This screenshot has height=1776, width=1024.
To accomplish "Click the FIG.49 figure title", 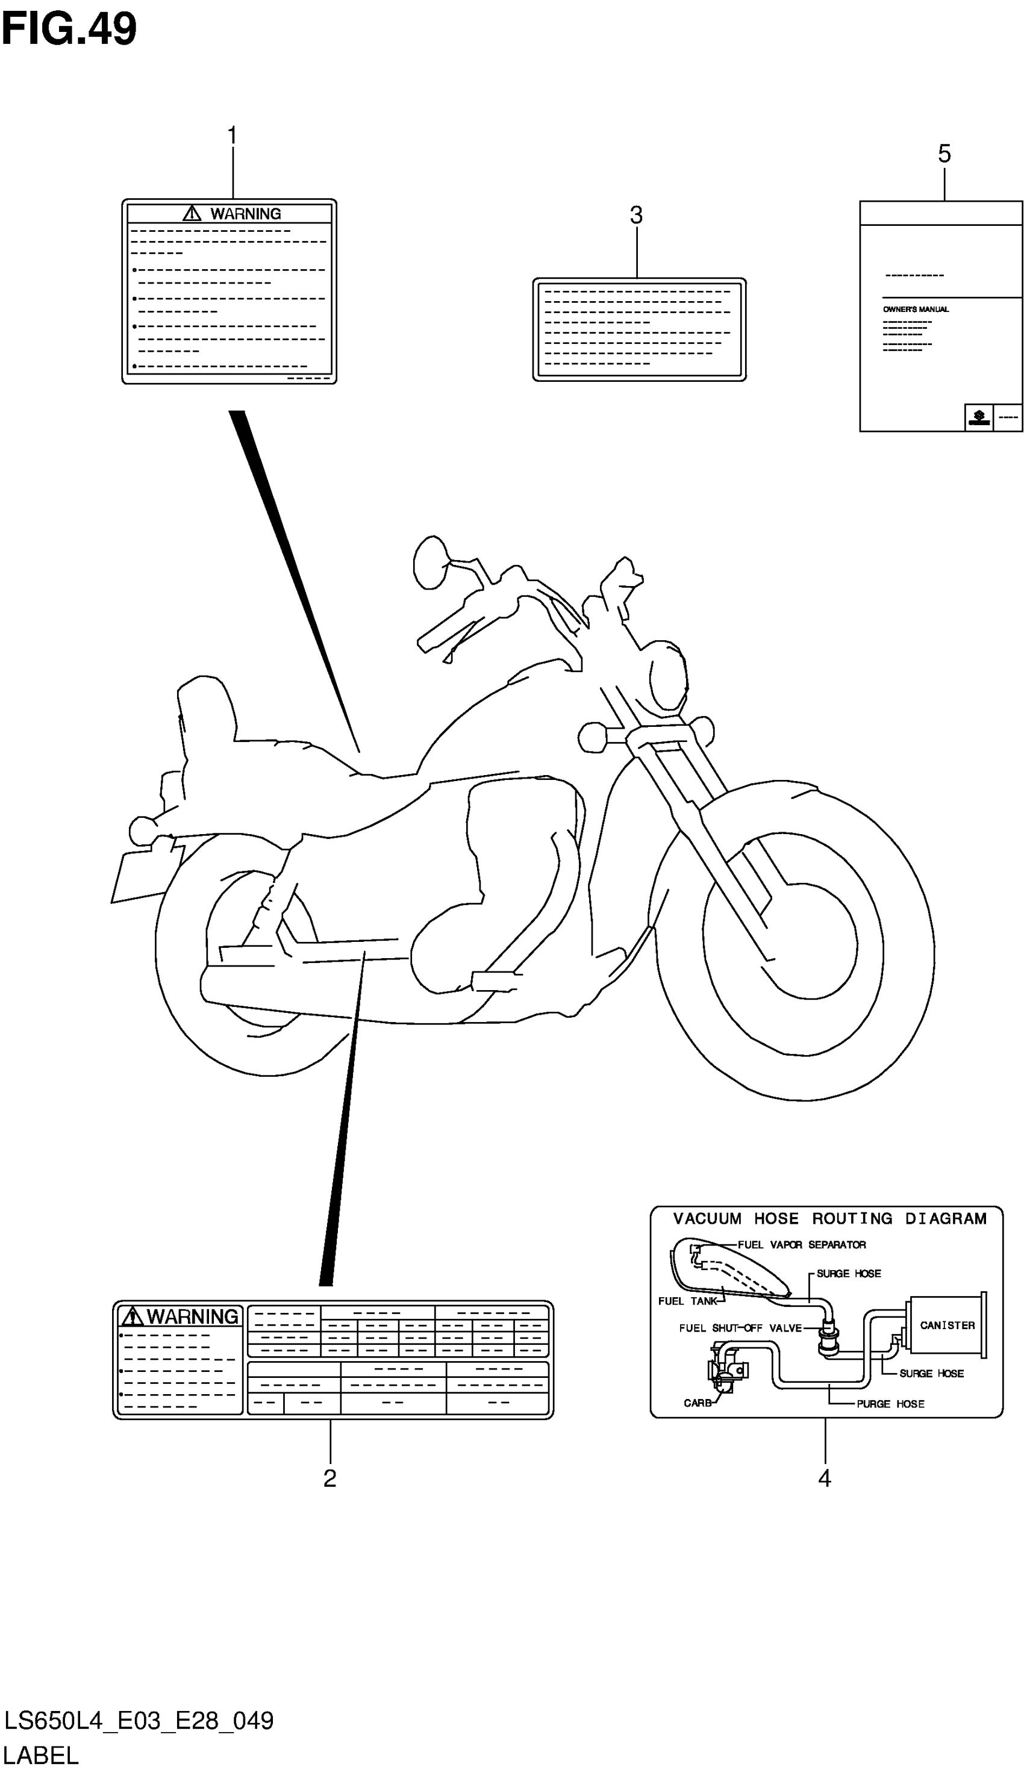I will click(x=69, y=30).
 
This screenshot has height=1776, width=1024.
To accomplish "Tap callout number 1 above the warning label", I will click(x=232, y=136).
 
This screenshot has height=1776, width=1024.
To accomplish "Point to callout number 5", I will click(x=944, y=154).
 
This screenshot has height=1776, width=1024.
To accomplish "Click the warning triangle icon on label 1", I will click(x=192, y=213).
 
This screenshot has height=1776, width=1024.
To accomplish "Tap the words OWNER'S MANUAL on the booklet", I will click(x=916, y=310).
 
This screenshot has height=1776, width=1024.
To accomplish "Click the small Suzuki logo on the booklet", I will click(x=979, y=417).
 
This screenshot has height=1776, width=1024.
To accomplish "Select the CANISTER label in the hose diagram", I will click(x=948, y=1326).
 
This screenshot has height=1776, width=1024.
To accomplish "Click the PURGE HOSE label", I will click(x=890, y=1404).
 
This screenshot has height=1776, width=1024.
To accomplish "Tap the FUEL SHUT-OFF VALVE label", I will click(x=740, y=1328).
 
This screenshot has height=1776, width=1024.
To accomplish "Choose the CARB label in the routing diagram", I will click(x=698, y=1403).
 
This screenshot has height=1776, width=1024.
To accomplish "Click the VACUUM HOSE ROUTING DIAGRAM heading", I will click(x=830, y=1218).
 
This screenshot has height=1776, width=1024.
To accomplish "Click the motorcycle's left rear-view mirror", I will click(x=429, y=562).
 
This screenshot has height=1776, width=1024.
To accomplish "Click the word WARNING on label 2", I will click(x=192, y=1317).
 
